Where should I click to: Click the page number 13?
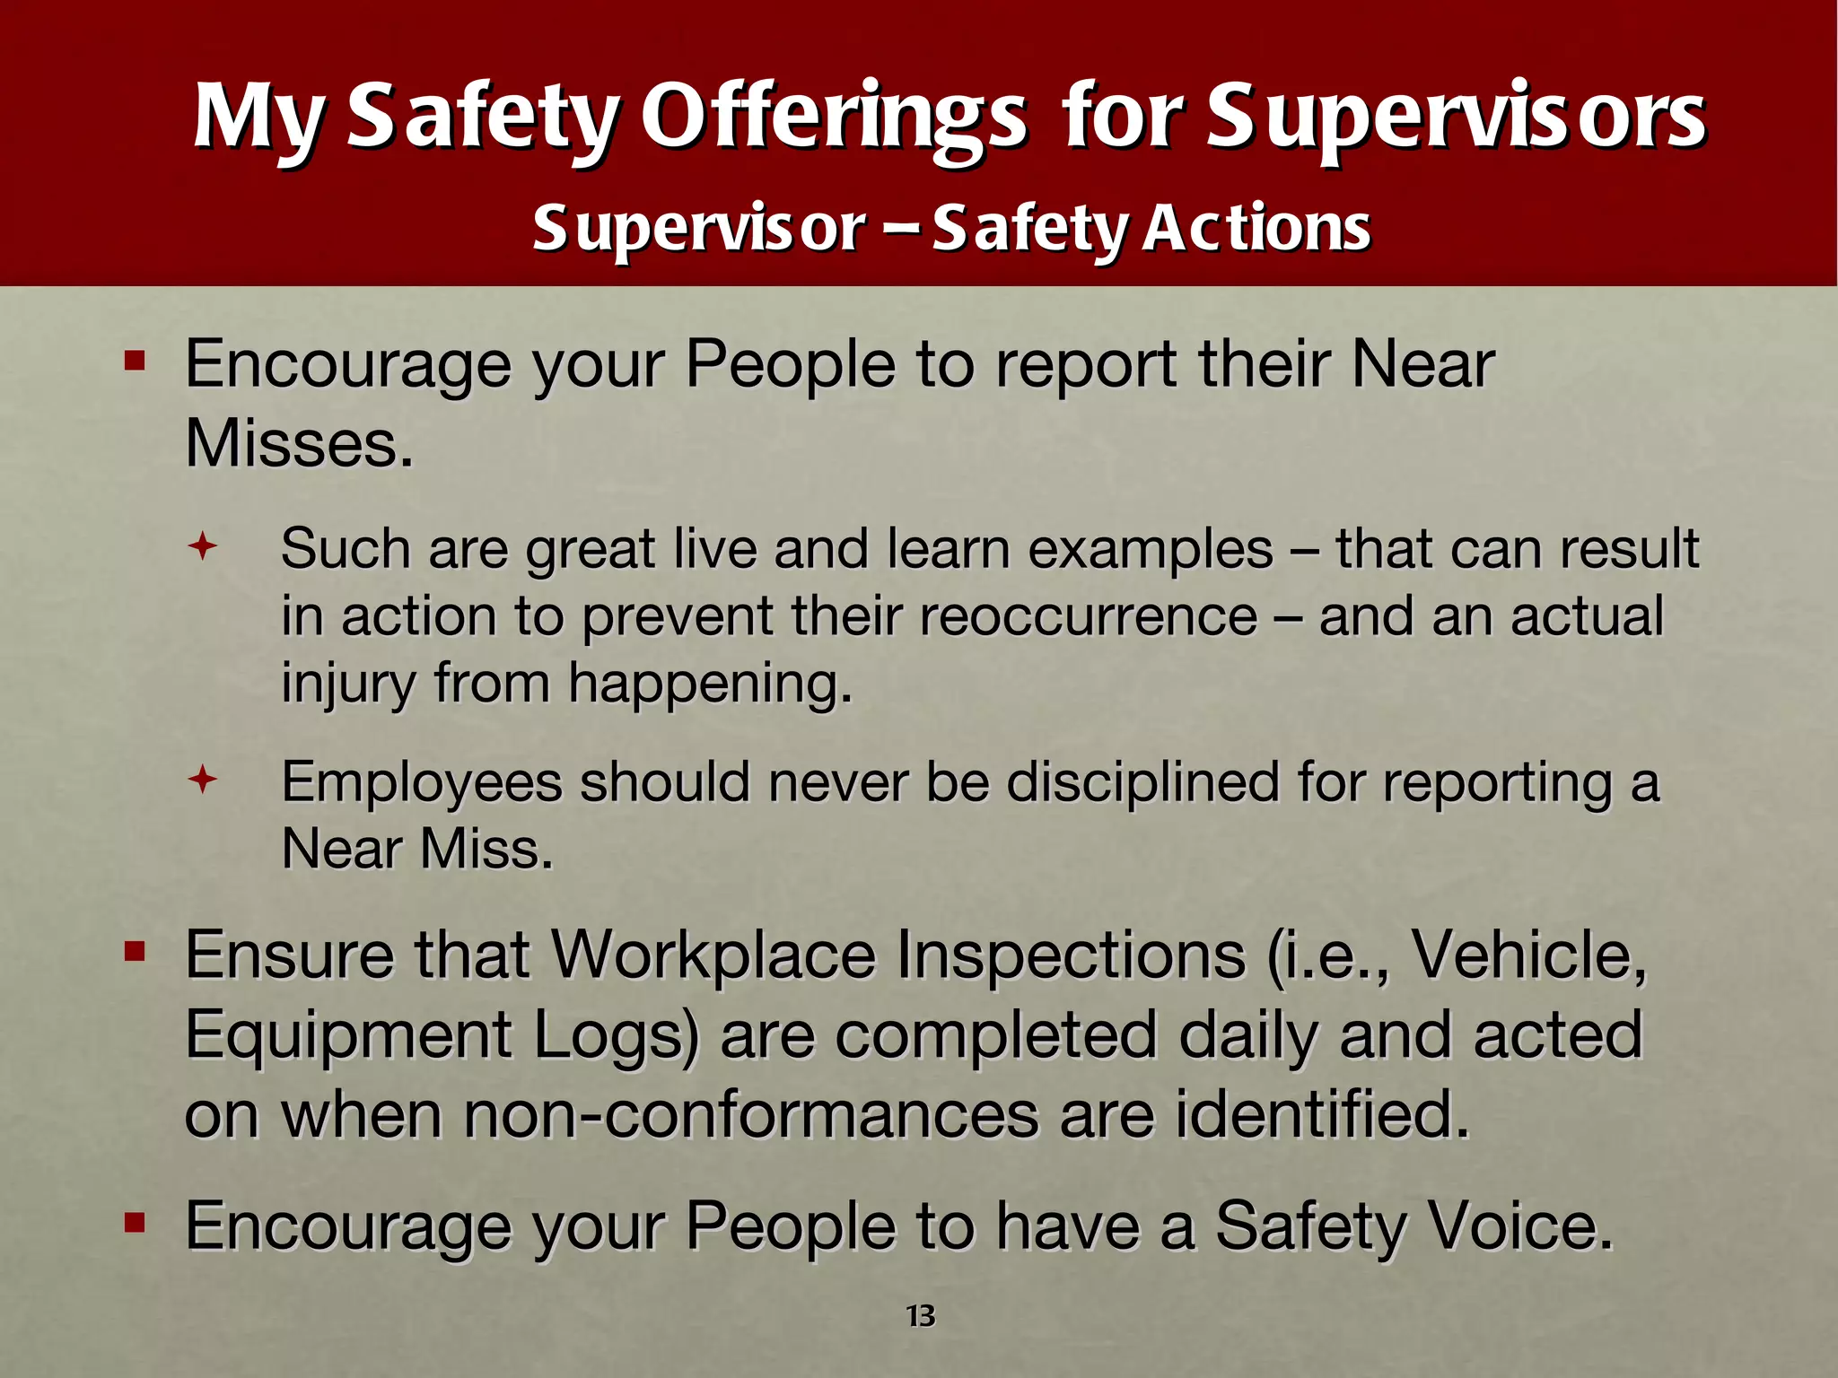point(920,1316)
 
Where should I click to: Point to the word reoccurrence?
point(1088,616)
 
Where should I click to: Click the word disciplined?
point(1142,782)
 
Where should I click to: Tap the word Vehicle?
point(1529,955)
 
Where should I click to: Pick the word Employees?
point(421,782)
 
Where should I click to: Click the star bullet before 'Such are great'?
point(203,546)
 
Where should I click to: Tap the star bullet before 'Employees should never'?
point(203,780)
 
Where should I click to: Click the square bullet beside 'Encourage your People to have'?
point(135,1222)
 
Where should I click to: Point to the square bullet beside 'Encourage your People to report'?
point(135,362)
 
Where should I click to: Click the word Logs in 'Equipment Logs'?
point(616,1035)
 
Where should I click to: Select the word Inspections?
point(1071,955)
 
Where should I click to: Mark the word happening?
point(709,684)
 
